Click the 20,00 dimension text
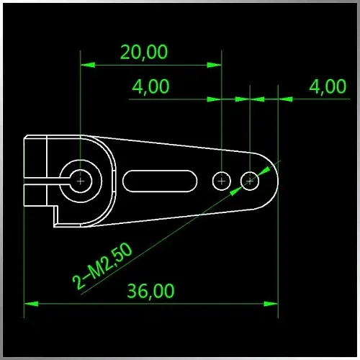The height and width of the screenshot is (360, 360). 144,53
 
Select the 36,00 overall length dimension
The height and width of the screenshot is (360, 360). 150,291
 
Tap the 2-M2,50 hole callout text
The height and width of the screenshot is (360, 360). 102,266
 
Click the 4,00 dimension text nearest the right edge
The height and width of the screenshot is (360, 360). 328,86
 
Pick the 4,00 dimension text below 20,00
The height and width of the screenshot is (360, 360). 150,86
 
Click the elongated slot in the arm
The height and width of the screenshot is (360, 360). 160,181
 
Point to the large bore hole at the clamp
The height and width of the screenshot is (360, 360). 81,181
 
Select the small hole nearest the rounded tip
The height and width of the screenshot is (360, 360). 250,181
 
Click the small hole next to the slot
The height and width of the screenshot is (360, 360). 222,181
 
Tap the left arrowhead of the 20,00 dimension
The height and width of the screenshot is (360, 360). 87,65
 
